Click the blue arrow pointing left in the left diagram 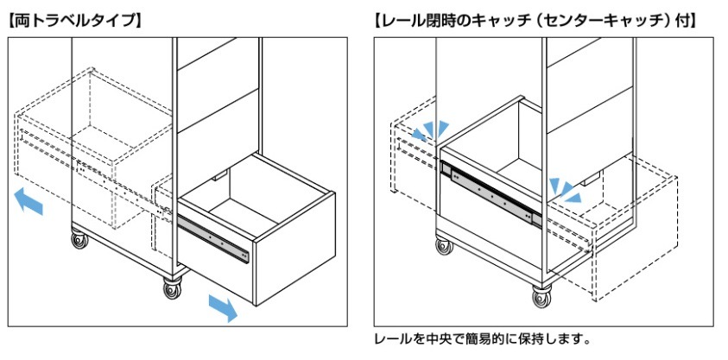[28, 203]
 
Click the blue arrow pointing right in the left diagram [222, 306]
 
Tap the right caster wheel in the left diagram [171, 287]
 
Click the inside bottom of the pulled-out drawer [259, 207]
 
